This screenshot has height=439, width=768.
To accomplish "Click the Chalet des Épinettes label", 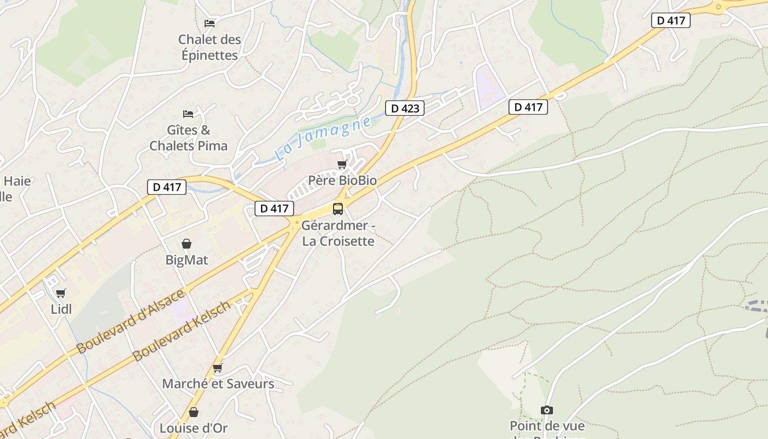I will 209,47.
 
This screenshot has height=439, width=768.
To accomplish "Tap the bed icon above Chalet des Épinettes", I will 210,23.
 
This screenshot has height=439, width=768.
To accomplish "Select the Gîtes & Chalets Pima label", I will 188,138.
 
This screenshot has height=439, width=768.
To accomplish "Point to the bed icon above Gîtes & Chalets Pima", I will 188,114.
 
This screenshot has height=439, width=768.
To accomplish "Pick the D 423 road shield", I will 405,108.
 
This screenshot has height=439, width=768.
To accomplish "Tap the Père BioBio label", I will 342,180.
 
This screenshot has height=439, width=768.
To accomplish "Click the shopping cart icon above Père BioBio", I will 342,165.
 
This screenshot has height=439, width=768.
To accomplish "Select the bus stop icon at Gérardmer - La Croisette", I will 338,209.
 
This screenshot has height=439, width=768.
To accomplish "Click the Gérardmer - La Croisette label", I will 338,233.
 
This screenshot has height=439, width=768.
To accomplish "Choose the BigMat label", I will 187,260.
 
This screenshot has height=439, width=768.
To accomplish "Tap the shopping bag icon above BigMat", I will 187,244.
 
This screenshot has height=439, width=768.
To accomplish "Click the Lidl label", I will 61,309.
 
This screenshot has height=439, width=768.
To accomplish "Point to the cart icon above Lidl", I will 61,294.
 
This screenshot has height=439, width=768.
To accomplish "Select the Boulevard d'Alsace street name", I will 131,321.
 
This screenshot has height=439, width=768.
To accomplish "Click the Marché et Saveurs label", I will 218,384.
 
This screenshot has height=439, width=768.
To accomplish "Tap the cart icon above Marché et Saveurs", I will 218,368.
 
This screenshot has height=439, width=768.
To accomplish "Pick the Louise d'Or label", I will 193,428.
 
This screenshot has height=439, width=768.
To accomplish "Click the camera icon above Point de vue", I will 547,410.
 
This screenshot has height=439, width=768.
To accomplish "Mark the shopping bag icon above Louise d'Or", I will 194,412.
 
